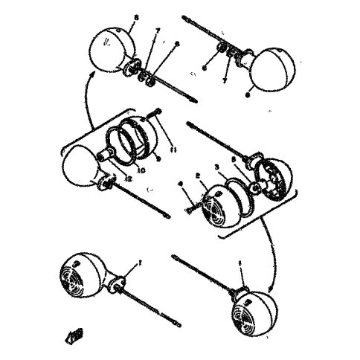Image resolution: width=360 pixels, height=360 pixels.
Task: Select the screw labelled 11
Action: click(158, 115)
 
